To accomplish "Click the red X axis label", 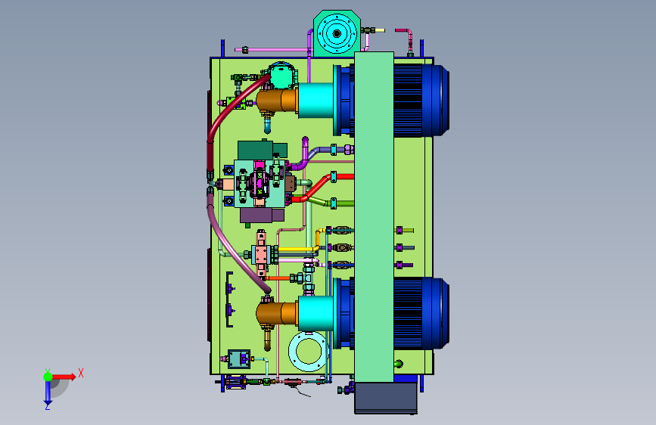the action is (81, 373).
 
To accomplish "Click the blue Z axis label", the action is (48, 406).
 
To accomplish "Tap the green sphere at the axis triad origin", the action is (48, 377).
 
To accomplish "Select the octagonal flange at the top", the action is (337, 33).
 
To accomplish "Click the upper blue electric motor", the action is (421, 101).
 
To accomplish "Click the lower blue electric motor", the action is (421, 314).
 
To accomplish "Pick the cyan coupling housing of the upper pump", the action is (316, 101).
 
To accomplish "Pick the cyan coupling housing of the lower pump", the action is (316, 314).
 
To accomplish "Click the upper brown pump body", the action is (276, 101).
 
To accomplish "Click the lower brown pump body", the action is (276, 314).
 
